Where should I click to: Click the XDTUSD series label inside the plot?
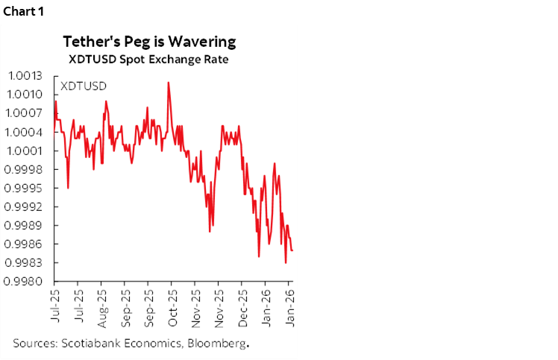click(x=82, y=86)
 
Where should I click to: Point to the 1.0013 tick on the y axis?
click(x=25, y=76)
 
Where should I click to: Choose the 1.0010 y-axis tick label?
click(x=25, y=95)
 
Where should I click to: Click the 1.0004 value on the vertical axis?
click(x=25, y=132)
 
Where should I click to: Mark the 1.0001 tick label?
click(x=25, y=151)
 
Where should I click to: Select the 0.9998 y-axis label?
click(x=25, y=169)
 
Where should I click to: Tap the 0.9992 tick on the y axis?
click(x=25, y=206)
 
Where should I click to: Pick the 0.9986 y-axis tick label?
click(x=25, y=244)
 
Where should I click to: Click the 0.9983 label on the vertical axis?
click(x=25, y=262)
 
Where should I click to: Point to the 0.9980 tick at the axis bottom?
click(x=25, y=281)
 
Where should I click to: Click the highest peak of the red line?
click(x=169, y=82)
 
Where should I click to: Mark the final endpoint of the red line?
click(x=292, y=250)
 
